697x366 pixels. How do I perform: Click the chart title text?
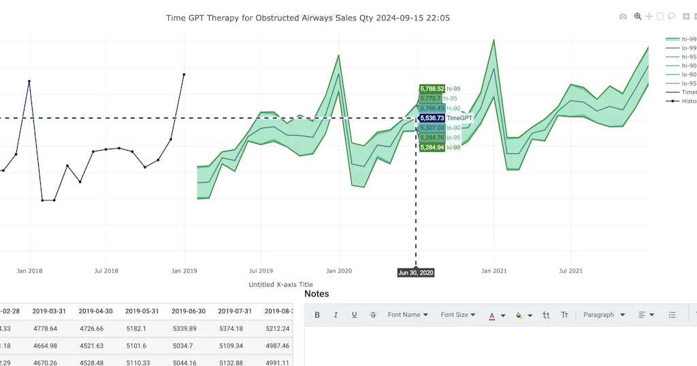click(x=308, y=18)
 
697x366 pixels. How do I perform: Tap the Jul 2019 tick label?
click(x=261, y=271)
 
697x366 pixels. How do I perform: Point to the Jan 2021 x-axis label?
click(x=494, y=271)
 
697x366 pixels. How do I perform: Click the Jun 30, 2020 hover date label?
click(x=416, y=273)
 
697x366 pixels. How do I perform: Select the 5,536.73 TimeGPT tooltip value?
click(x=432, y=118)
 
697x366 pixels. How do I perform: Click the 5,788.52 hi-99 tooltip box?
click(x=432, y=89)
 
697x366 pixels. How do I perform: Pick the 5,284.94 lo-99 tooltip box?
click(x=432, y=147)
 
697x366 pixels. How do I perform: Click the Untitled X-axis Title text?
click(x=281, y=285)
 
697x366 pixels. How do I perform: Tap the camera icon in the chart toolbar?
click(x=623, y=16)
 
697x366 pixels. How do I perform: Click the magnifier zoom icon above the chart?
click(x=638, y=16)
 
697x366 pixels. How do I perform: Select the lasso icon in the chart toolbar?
click(x=672, y=16)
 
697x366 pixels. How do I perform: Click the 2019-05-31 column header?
click(x=141, y=311)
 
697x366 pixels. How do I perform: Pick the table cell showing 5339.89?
click(x=188, y=329)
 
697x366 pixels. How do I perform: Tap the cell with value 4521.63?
click(x=95, y=346)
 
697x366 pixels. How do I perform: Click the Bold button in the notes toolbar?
click(x=317, y=315)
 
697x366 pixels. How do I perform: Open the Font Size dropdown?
click(x=458, y=315)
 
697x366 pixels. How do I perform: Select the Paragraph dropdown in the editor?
click(x=603, y=315)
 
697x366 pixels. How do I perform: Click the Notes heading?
click(x=317, y=294)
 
